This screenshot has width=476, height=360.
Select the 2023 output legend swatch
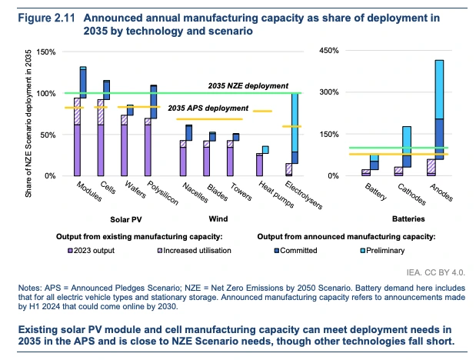71,250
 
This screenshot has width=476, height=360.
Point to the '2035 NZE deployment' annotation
248,85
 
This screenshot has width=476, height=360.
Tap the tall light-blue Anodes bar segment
439,88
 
